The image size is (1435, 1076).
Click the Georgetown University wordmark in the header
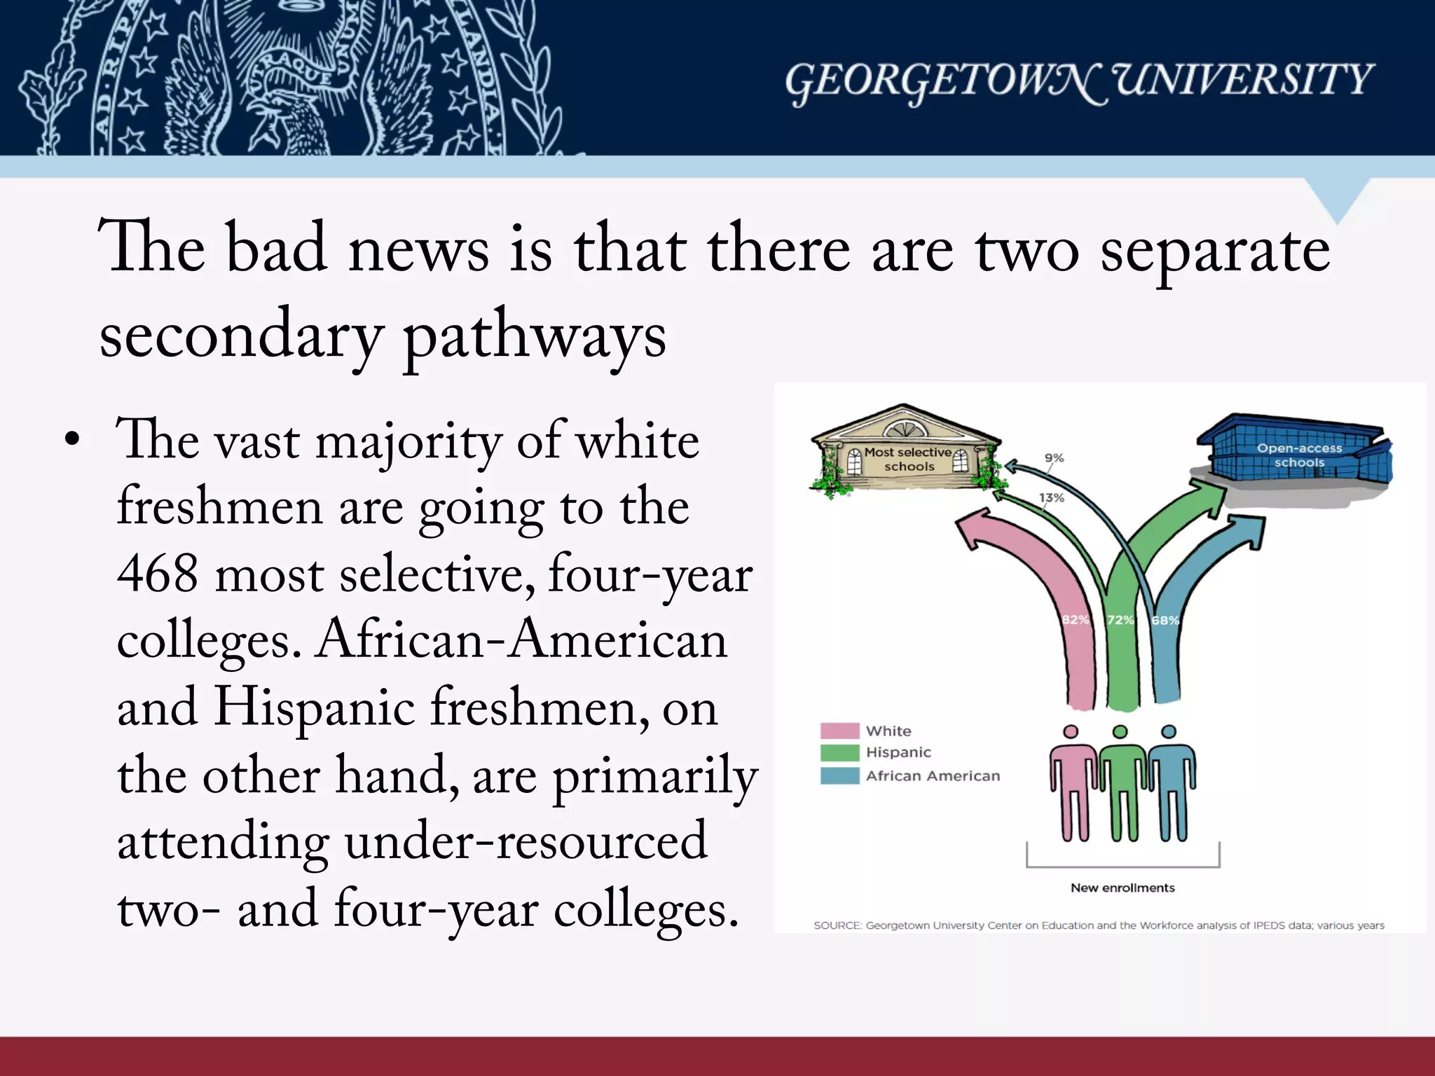[x=1078, y=82]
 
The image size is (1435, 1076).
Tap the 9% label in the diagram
[x=1054, y=458]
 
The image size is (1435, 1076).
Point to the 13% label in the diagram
[x=1051, y=498]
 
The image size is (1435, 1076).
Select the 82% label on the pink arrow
[x=1075, y=620]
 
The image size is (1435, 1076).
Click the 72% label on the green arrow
[x=1120, y=620]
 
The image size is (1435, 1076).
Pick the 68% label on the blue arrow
[x=1165, y=620]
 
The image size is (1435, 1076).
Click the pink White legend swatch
[x=839, y=731]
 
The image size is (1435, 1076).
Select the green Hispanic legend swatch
[x=839, y=753]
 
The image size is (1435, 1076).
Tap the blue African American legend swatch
[x=839, y=776]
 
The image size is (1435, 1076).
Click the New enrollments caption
[x=1122, y=888]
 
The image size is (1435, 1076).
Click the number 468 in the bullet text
[x=158, y=574]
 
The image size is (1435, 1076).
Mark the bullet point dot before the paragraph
[x=71, y=441]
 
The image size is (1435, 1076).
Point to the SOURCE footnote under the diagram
[x=1099, y=925]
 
